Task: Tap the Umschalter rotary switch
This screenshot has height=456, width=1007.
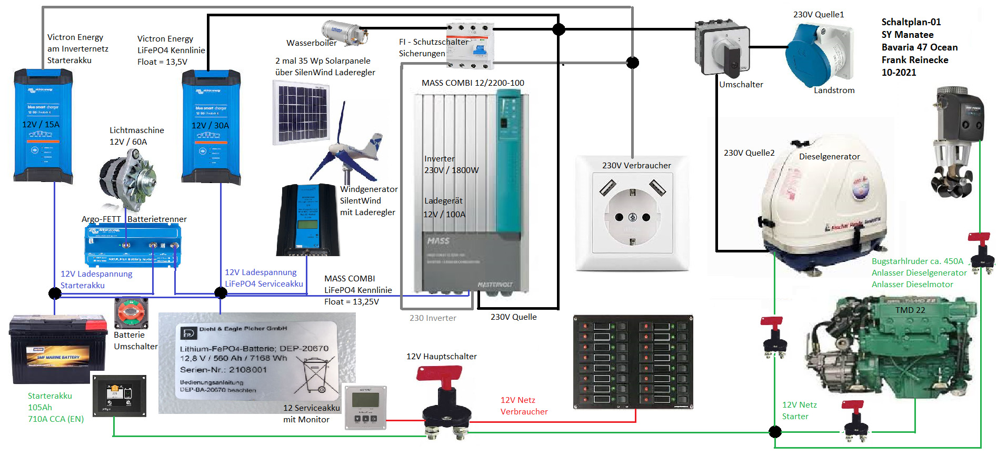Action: (722, 49)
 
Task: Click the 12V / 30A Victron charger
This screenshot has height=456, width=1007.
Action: (211, 126)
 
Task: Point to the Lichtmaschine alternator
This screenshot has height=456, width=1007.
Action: (128, 179)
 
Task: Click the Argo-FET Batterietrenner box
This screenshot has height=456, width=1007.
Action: (133, 245)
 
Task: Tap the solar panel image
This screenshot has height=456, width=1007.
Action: (301, 113)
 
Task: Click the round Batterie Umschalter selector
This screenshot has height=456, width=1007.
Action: (131, 313)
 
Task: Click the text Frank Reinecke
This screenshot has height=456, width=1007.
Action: (915, 60)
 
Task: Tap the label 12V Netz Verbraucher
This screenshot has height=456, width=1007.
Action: (524, 406)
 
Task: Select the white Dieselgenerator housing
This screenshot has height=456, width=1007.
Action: (824, 205)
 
